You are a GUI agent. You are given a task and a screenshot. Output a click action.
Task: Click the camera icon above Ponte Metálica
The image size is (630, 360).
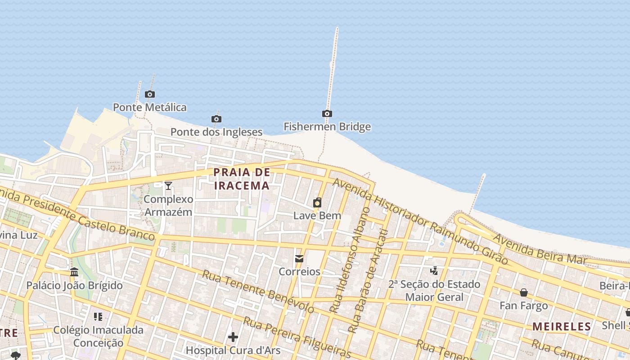pyautogui.click(x=150, y=94)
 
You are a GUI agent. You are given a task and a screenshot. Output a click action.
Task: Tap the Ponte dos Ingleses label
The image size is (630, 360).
pyautogui.click(x=216, y=132)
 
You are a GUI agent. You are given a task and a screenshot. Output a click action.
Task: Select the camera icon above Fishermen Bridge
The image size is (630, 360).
pyautogui.click(x=327, y=114)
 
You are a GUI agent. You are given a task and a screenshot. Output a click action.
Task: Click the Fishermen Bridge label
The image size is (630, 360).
pyautogui.click(x=327, y=127)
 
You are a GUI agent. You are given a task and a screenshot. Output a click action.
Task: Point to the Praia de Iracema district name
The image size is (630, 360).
pyautogui.click(x=242, y=179)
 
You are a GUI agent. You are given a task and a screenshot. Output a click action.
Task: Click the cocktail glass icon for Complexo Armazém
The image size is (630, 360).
pyautogui.click(x=168, y=185)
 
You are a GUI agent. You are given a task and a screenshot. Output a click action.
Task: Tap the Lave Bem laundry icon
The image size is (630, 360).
pyautogui.click(x=317, y=202)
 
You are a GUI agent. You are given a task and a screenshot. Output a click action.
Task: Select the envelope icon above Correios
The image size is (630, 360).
pyautogui.click(x=299, y=259)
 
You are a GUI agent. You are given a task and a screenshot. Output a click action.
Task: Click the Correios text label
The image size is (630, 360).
pyautogui.click(x=299, y=272)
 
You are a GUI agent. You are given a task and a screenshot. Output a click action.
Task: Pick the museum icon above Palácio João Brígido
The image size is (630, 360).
pyautogui.click(x=74, y=272)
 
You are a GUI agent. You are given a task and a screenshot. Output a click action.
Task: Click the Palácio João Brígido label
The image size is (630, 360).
pyautogui.click(x=74, y=285)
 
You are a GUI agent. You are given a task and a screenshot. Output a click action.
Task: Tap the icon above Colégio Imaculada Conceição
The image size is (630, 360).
pyautogui.click(x=98, y=316)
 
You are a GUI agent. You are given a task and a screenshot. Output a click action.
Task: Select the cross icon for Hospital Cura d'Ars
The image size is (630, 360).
pyautogui.click(x=233, y=337)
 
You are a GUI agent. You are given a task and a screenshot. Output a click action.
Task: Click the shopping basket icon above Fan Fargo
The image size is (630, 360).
pyautogui.click(x=524, y=292)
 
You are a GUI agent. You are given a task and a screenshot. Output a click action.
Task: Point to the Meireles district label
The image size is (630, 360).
pyautogui.click(x=562, y=327)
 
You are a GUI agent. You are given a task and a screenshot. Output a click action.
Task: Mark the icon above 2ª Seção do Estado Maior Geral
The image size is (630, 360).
pyautogui.click(x=434, y=270)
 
